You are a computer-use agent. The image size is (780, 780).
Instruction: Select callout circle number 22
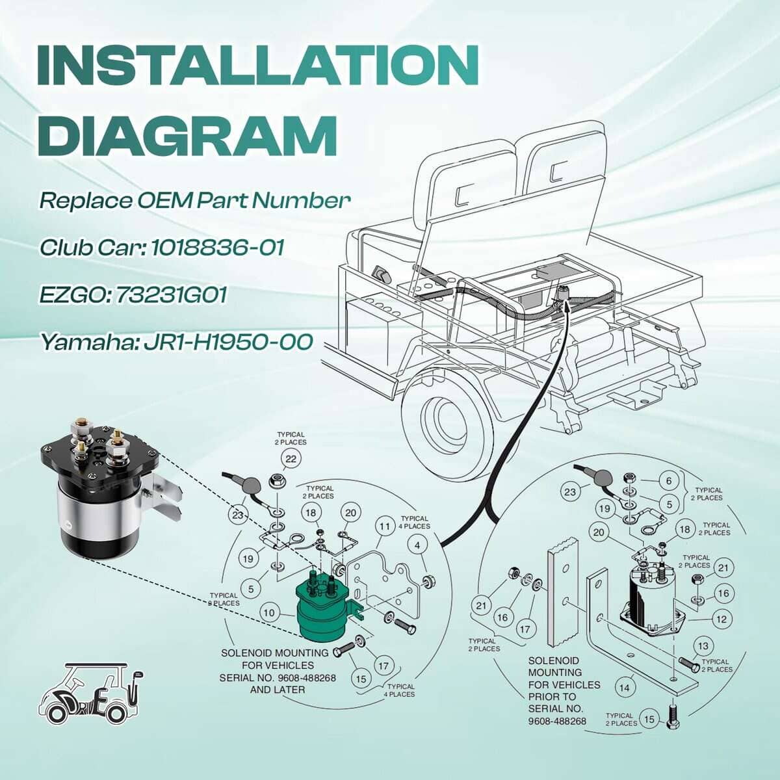coord(291,460)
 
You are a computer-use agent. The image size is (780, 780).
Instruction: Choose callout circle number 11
coord(386,526)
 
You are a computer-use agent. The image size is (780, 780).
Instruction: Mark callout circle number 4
coord(418,545)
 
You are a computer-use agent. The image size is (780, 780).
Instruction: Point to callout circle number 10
coord(270,612)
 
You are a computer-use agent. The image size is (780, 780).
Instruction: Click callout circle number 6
coord(668,482)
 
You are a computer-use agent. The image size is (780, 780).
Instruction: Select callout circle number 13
coord(703,646)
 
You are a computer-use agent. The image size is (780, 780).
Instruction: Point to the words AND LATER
coord(278,690)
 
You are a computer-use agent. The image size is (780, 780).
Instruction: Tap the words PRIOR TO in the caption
coord(552,696)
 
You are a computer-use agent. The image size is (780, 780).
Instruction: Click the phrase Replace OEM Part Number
coord(195,200)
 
